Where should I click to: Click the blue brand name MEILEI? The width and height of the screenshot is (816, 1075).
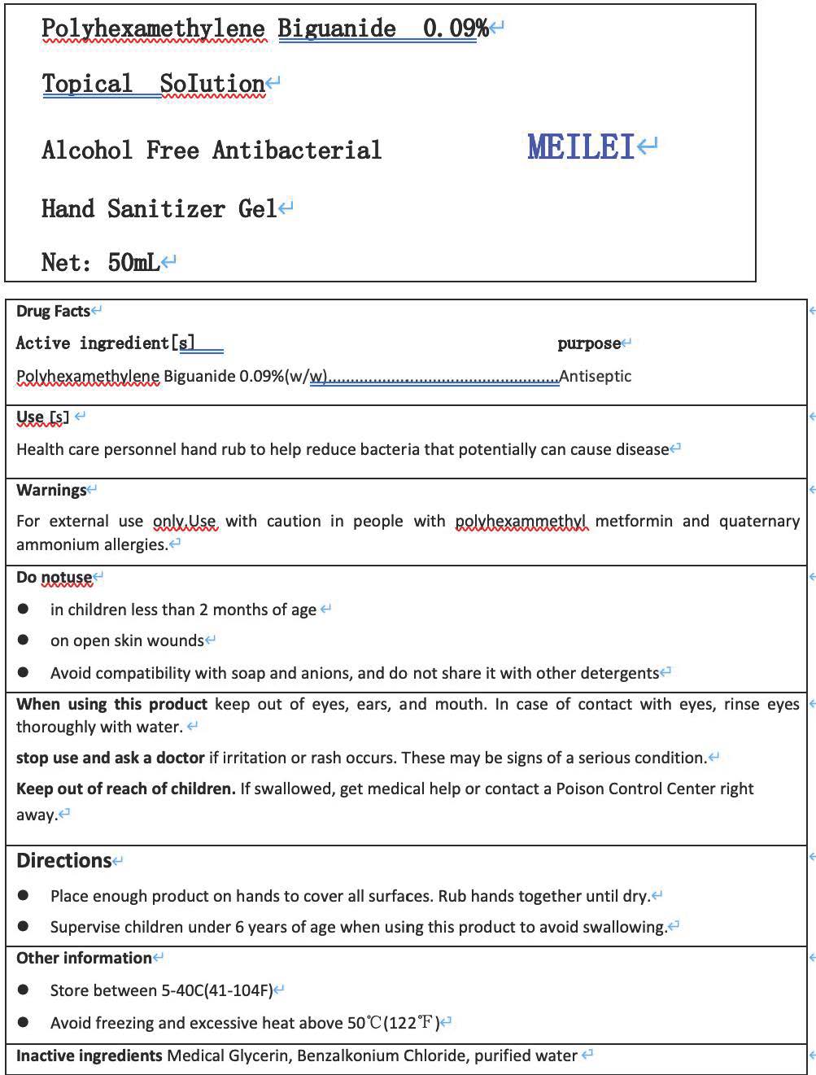point(580,147)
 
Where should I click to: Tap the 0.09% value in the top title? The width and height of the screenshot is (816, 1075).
point(455,28)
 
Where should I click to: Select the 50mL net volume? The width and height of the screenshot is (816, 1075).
point(133,262)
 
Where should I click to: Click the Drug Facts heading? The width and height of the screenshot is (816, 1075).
point(53,311)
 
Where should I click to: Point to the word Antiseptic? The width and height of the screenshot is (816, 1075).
point(596,376)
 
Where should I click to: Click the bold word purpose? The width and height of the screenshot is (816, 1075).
point(589,343)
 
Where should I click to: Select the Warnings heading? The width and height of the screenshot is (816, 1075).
point(51,490)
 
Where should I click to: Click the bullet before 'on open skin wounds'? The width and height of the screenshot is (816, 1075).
point(24,640)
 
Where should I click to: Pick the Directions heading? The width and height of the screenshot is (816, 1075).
point(63,860)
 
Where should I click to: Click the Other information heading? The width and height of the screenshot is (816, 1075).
point(84,958)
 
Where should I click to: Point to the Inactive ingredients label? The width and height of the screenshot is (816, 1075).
point(89,1055)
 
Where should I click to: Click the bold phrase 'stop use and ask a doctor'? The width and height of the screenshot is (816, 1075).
point(110,758)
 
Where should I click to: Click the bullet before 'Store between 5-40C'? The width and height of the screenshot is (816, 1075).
point(24,990)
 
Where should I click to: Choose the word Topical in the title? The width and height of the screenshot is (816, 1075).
point(87,84)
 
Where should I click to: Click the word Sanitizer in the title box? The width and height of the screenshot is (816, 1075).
point(166,209)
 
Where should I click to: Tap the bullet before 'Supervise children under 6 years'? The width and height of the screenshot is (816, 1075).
point(24,927)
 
